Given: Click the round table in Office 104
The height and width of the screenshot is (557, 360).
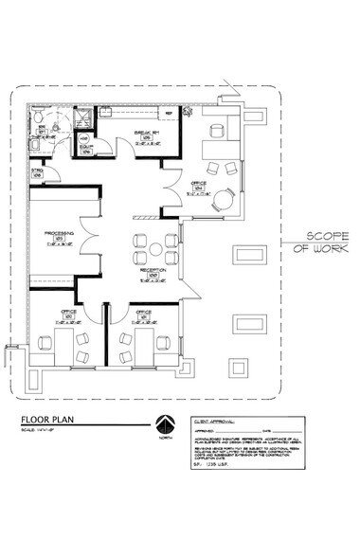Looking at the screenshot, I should click(x=224, y=200).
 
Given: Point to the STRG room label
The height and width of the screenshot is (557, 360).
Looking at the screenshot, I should click(x=37, y=172).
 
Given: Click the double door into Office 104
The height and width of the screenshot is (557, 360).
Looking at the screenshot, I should click(x=171, y=184).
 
